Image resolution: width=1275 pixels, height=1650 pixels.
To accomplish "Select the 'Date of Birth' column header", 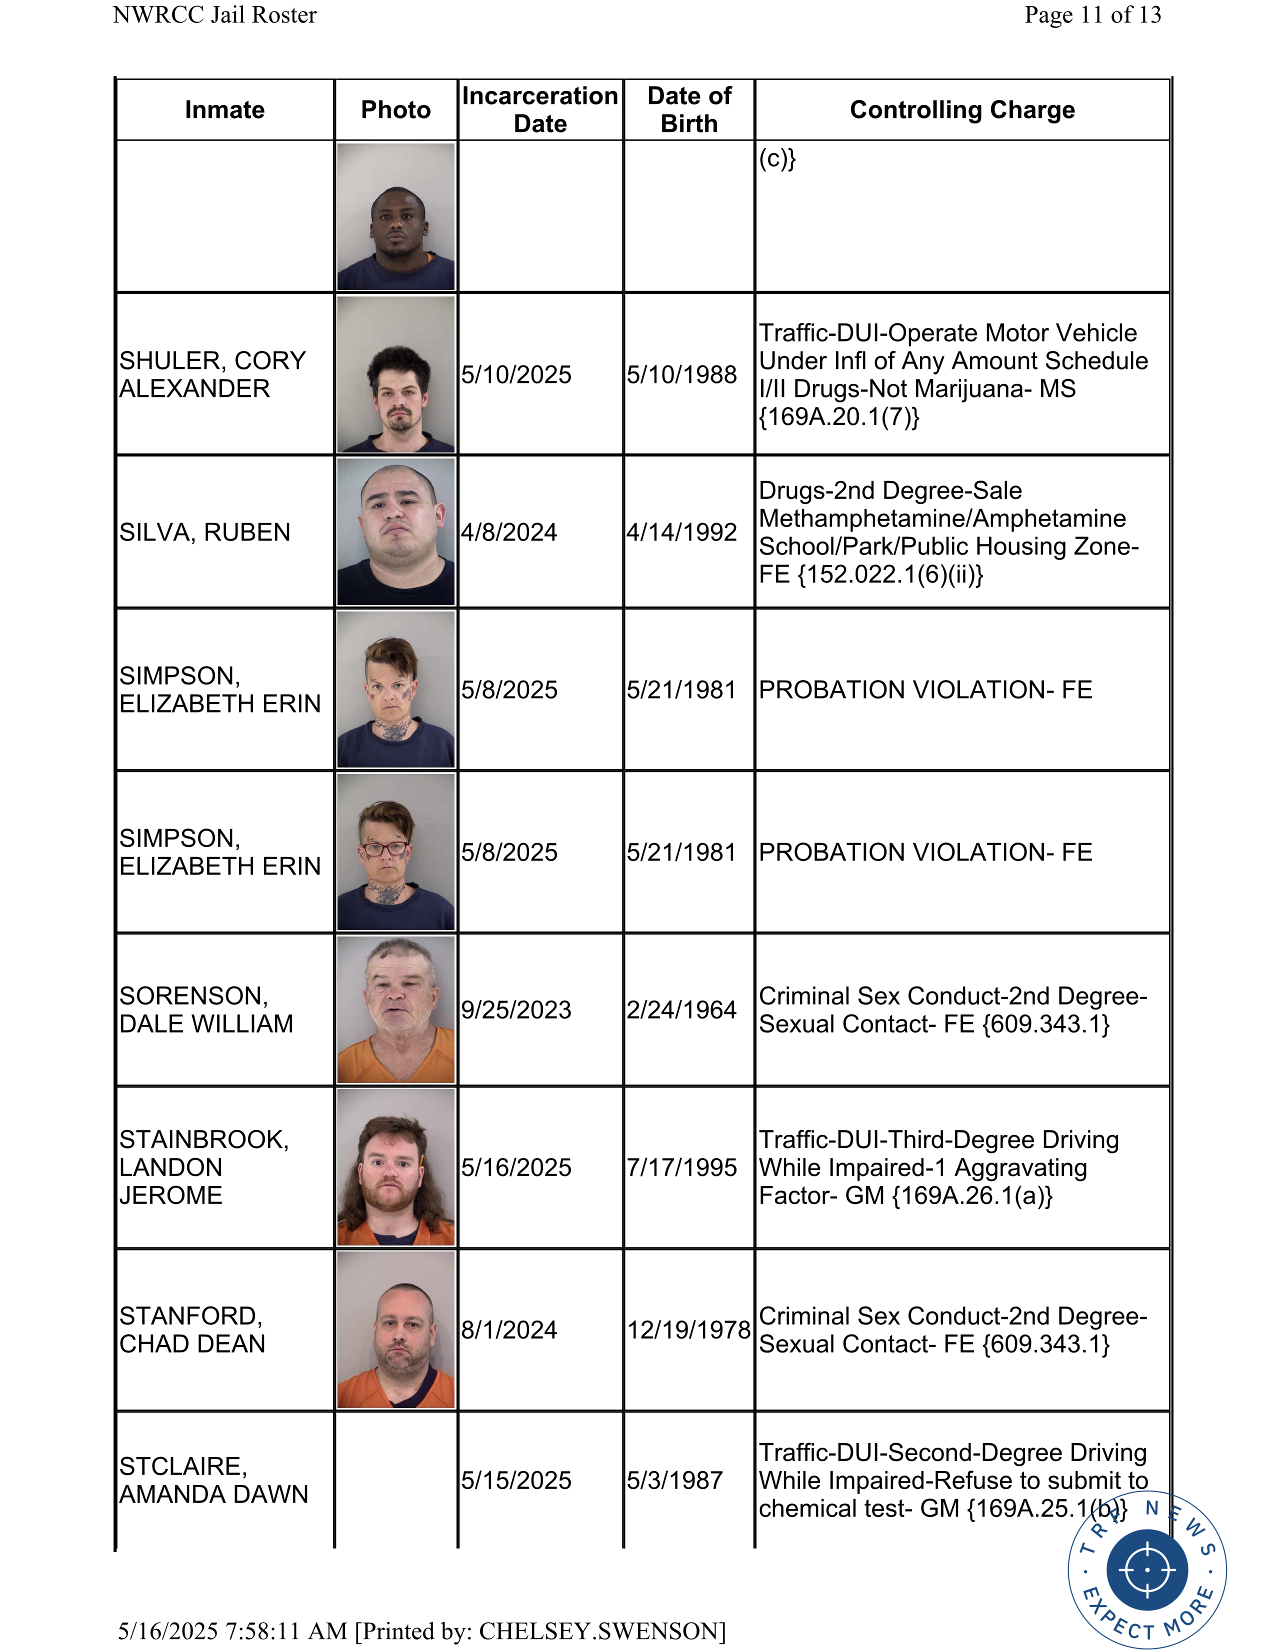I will [689, 109].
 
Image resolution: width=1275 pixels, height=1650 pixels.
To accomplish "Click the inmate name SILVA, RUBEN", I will [204, 532].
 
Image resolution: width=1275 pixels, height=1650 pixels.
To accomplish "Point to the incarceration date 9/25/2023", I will [516, 1010].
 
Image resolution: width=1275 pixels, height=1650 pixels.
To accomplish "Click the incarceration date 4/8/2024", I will [509, 532].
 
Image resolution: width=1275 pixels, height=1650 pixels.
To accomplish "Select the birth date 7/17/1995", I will [681, 1167].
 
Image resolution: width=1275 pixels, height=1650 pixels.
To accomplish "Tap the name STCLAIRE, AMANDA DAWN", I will [214, 1480].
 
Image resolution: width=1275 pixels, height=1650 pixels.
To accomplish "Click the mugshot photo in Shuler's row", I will [396, 374].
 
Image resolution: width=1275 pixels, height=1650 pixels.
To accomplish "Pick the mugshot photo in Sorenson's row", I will [396, 1010].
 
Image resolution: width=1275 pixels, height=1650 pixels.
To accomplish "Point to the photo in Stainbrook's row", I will [396, 1167].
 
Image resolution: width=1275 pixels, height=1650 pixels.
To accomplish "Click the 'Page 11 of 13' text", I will [1092, 15].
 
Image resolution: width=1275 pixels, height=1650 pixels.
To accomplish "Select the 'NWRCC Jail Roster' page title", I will [214, 15].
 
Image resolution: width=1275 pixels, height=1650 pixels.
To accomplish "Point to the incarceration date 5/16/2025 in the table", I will [516, 1167].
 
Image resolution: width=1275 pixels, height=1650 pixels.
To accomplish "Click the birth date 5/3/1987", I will [674, 1480].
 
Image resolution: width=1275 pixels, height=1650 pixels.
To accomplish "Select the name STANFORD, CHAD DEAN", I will [192, 1329].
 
